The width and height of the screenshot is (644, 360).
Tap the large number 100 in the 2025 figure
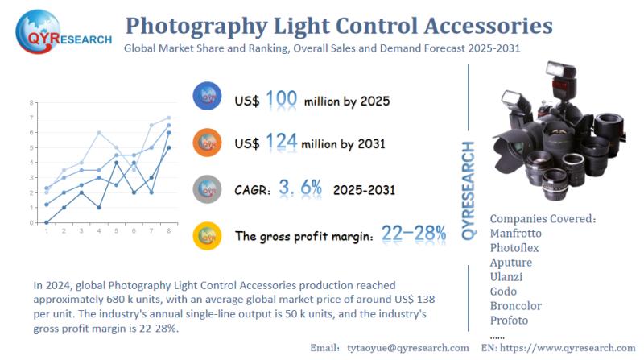click(280, 99)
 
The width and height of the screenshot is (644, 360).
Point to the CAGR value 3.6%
click(300, 188)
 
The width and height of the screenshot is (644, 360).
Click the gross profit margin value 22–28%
click(413, 234)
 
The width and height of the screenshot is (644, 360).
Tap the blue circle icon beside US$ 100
click(208, 97)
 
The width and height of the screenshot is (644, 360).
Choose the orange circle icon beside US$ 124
click(208, 142)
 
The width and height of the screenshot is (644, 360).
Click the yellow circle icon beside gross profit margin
click(208, 235)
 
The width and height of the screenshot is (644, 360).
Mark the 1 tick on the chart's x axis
click(46, 231)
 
